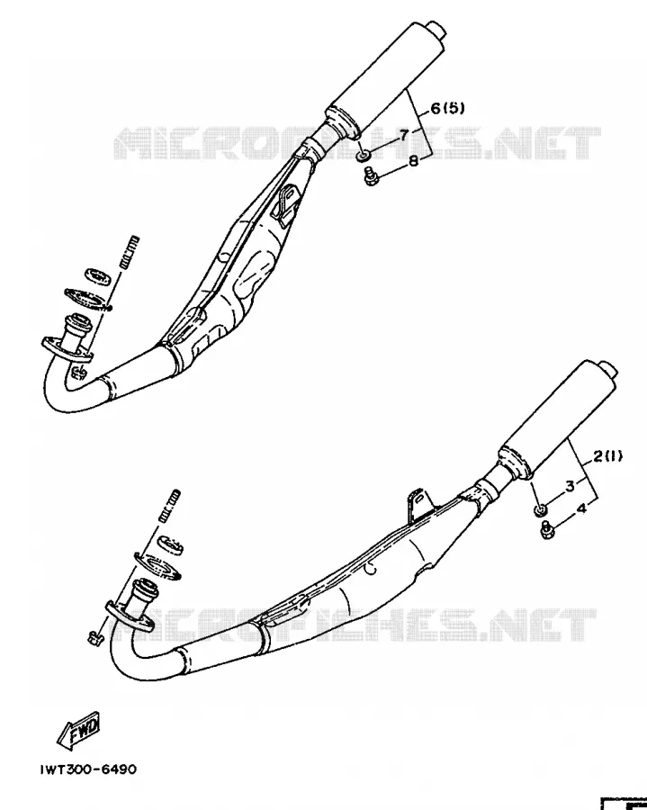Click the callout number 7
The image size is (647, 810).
(x=404, y=135)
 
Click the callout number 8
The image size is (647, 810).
(x=413, y=161)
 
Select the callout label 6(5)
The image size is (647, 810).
(x=448, y=108)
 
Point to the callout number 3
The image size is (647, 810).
(x=571, y=486)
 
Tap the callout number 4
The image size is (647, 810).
(x=581, y=508)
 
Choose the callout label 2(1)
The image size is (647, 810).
(x=607, y=455)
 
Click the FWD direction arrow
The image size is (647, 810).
(x=78, y=731)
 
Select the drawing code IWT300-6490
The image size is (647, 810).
(x=89, y=769)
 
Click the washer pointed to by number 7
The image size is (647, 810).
(x=364, y=155)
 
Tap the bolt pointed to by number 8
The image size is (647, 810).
(x=371, y=176)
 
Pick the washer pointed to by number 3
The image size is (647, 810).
(x=540, y=510)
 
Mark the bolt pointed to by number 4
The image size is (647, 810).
(x=547, y=531)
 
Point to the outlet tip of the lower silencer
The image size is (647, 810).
(x=609, y=369)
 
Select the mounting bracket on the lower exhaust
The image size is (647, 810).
(x=418, y=505)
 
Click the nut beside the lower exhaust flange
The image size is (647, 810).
(x=94, y=638)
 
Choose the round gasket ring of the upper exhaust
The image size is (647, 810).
(x=96, y=276)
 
